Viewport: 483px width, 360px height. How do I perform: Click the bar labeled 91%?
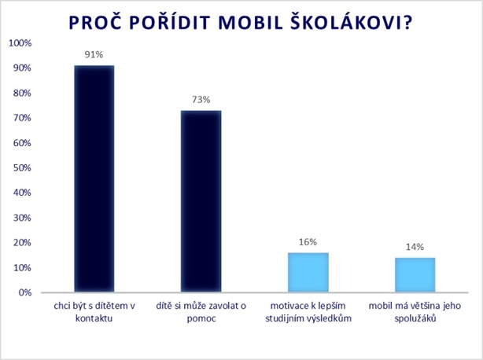tap(94, 178)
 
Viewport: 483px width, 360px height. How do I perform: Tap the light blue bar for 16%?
tap(308, 272)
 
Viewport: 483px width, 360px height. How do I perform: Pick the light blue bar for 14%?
tap(415, 274)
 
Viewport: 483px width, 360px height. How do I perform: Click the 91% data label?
tap(94, 55)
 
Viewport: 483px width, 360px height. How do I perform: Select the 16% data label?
tap(308, 242)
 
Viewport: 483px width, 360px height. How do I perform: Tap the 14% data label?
tap(415, 247)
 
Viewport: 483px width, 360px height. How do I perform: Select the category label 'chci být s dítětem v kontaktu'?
tap(94, 313)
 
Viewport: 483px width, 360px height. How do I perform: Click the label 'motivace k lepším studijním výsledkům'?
tap(308, 313)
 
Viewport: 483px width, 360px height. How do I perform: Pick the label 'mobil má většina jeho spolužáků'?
tap(415, 313)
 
